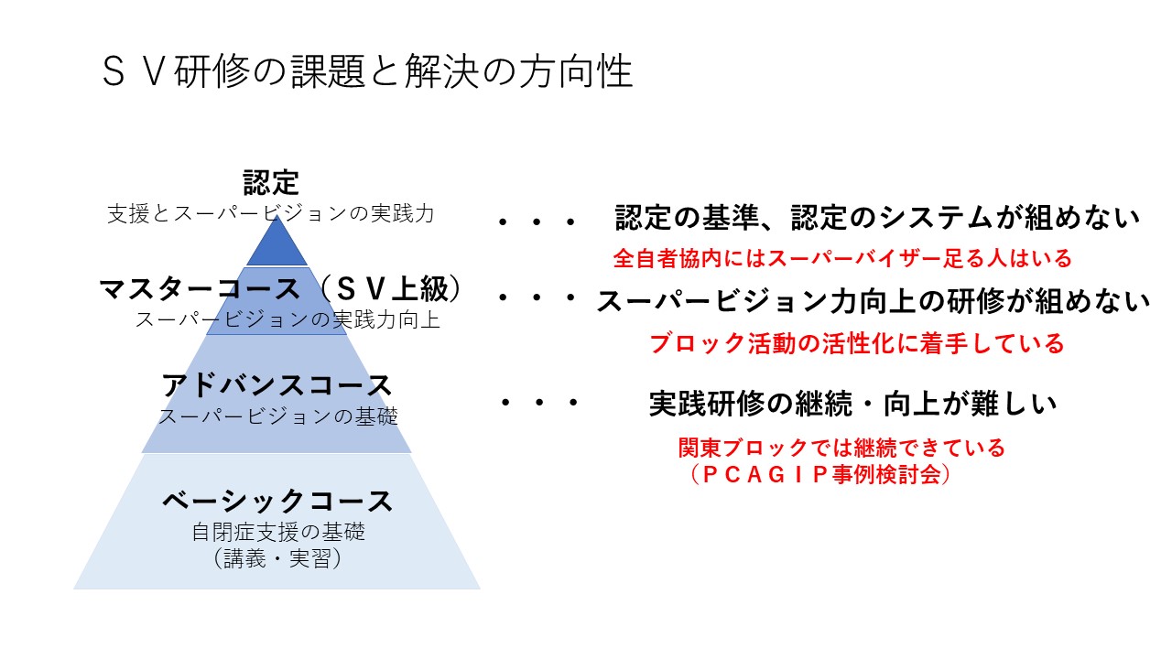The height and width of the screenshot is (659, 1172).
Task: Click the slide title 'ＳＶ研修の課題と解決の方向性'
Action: tap(367, 72)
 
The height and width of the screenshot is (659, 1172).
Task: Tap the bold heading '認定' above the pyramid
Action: tap(271, 182)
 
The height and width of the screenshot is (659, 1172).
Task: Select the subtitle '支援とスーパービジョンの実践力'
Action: tap(271, 214)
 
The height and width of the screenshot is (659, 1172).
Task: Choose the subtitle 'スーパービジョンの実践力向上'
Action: tap(288, 320)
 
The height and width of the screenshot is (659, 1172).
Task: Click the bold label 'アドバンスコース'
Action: tap(277, 385)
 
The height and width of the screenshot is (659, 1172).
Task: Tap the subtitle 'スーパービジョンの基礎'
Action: tap(278, 416)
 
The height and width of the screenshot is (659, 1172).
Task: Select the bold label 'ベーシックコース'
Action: tap(277, 501)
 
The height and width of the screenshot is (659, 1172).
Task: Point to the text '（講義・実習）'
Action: tap(277, 559)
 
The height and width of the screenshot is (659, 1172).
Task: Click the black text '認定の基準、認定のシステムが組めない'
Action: tap(877, 219)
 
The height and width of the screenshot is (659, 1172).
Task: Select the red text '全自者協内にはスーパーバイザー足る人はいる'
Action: tap(841, 259)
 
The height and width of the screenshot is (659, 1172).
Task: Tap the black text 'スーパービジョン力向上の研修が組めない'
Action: tap(873, 301)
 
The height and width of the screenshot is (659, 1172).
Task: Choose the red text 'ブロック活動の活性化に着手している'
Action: tap(856, 343)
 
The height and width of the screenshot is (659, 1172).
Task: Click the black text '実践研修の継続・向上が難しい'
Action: tap(853, 404)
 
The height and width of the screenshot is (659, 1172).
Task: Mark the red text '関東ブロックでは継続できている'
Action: tap(841, 448)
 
